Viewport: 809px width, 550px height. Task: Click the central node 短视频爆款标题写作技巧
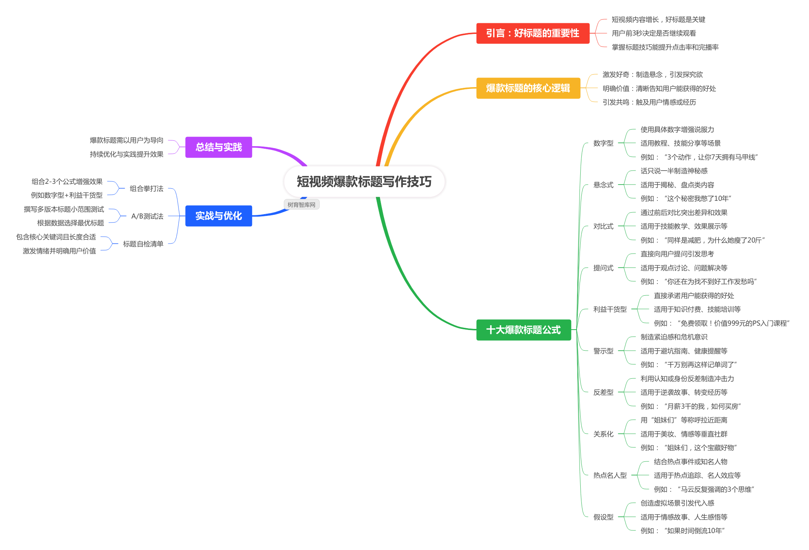(x=364, y=182)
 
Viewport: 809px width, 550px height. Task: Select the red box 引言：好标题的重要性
(x=533, y=33)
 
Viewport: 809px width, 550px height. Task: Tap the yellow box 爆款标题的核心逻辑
(x=528, y=88)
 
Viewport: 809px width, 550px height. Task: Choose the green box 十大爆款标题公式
(x=523, y=330)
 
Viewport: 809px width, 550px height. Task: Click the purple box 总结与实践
(x=218, y=147)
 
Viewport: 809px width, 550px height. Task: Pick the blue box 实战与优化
(x=218, y=216)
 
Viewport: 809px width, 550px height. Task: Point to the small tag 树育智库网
(x=301, y=205)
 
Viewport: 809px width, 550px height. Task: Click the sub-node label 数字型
(x=603, y=143)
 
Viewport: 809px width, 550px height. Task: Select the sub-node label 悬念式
(x=603, y=185)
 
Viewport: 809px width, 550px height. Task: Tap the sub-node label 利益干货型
(x=610, y=309)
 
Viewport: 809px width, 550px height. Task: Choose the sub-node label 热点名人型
(x=610, y=475)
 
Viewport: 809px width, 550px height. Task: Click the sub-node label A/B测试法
(x=147, y=216)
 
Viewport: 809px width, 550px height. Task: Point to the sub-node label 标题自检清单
(x=143, y=244)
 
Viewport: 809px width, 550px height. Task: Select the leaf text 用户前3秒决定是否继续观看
(x=654, y=33)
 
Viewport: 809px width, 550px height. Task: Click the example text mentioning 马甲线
(x=699, y=157)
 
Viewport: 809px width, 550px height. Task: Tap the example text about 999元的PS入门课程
(x=721, y=323)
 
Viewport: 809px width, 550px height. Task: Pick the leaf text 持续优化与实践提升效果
(x=127, y=154)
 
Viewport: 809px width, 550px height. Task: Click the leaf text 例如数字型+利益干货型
(x=67, y=195)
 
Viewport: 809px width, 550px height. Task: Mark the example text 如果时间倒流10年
(x=682, y=531)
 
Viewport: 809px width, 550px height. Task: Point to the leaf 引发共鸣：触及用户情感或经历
(x=649, y=102)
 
